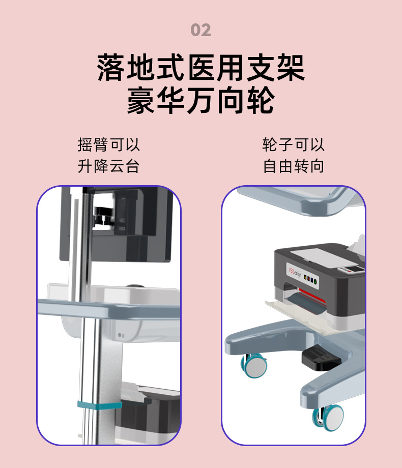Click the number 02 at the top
pyautogui.click(x=200, y=30)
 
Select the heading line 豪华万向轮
pyautogui.click(x=200, y=101)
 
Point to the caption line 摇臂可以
pyautogui.click(x=108, y=144)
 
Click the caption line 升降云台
pyautogui.click(x=108, y=166)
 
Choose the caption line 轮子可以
pyautogui.click(x=293, y=144)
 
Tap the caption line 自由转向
pyautogui.click(x=293, y=166)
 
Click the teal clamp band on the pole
pyautogui.click(x=99, y=405)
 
